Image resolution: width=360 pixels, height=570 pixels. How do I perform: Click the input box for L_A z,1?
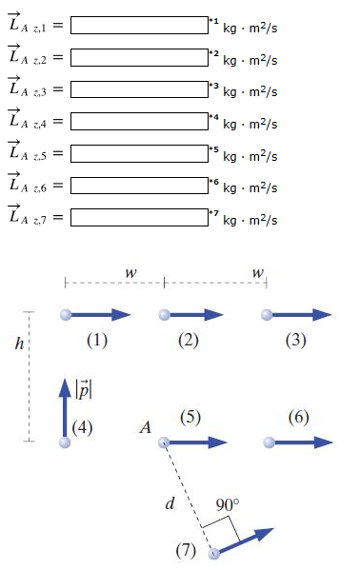coord(139,25)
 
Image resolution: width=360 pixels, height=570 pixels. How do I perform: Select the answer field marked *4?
coord(139,122)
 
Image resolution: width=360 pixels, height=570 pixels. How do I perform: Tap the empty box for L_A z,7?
coord(139,217)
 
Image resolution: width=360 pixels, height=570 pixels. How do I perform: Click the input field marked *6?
coord(139,186)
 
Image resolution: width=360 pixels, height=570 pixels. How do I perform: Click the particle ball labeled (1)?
coord(66,314)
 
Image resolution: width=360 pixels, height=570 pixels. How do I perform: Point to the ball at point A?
coord(164,442)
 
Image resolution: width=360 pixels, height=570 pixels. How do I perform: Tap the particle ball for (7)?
coord(214,554)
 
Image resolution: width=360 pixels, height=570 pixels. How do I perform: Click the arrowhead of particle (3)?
coord(322,314)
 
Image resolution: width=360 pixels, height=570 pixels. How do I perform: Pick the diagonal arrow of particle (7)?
coord(246,541)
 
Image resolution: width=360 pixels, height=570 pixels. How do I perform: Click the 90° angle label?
coord(228,505)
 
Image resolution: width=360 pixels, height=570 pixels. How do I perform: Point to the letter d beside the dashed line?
coord(170,503)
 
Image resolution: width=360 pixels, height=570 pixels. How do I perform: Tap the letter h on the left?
coord(19,343)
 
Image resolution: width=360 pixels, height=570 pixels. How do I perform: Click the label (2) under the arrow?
coord(189,341)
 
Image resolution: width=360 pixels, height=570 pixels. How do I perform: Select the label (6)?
coord(298,417)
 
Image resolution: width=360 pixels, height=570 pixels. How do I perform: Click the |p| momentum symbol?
coord(84,389)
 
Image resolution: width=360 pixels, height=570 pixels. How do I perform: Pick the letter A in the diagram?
coord(145,427)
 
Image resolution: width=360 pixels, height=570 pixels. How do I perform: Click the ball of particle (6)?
coord(269,442)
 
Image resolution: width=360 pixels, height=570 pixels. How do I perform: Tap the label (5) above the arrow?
coord(190,417)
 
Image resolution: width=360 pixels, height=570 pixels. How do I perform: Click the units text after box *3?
coord(250,91)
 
